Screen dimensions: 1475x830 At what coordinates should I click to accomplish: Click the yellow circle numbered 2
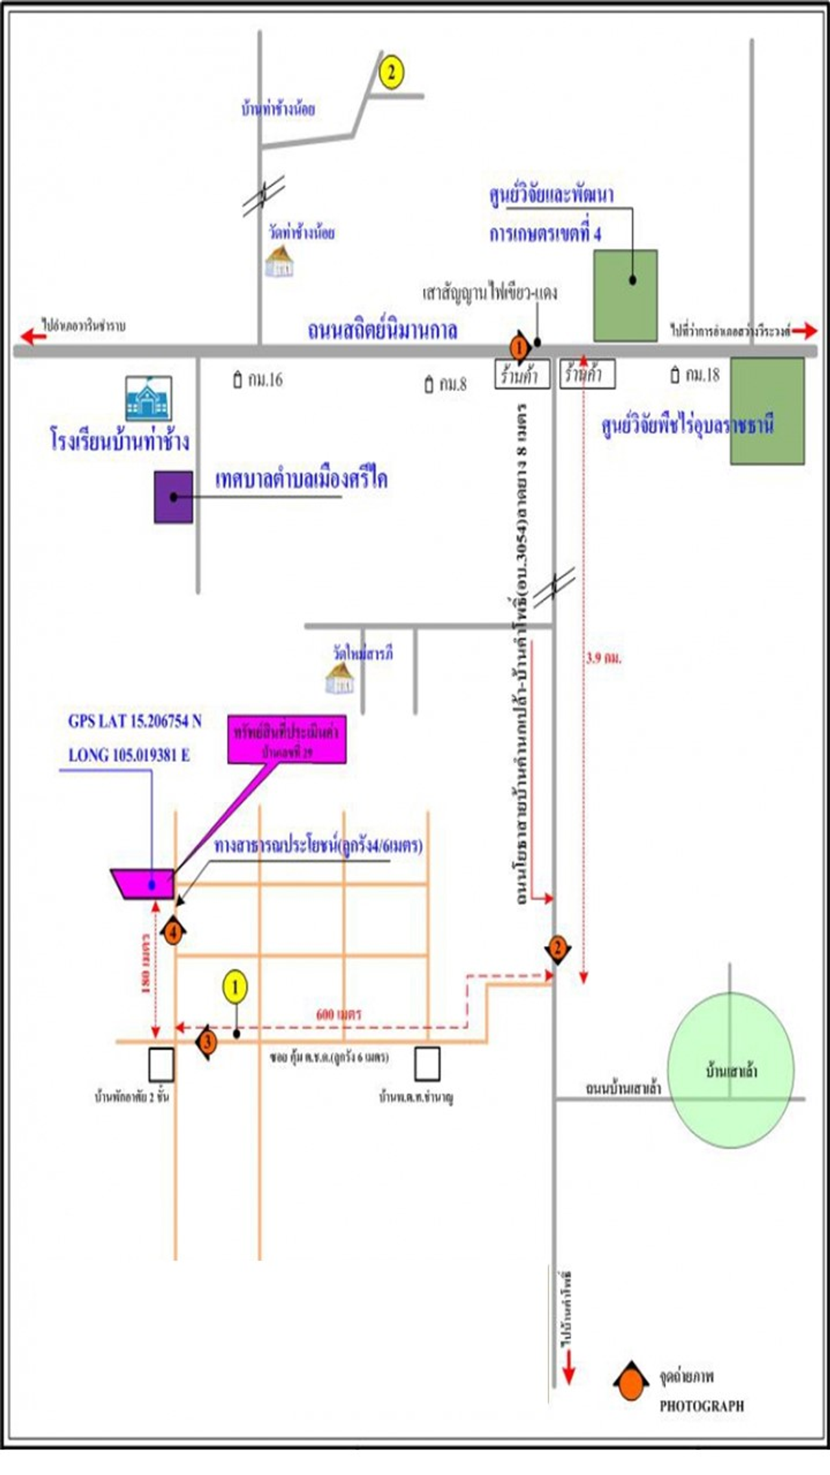[390, 73]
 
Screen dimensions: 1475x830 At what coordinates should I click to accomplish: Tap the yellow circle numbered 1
[235, 987]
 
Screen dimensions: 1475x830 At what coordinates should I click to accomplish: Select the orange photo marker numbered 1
[519, 349]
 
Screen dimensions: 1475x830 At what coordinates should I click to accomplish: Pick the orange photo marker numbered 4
[172, 933]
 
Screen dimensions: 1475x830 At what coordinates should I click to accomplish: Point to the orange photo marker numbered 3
[207, 1041]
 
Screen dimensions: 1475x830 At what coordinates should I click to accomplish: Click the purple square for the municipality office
[173, 497]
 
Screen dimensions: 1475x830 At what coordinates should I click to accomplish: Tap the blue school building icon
[148, 399]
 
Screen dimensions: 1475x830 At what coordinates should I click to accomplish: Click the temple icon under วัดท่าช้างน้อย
[279, 262]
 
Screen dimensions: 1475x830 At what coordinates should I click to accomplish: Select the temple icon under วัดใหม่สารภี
[340, 678]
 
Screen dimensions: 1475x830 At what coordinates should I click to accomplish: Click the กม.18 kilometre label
[695, 375]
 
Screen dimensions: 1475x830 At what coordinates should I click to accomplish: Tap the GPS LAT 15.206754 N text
[135, 721]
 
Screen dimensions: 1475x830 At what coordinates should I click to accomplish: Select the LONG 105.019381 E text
[129, 755]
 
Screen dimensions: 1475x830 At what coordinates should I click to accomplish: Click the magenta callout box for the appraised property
[287, 739]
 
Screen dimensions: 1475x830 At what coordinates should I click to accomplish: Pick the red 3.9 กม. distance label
[604, 658]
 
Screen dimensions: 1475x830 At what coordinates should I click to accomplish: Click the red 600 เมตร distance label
[338, 1014]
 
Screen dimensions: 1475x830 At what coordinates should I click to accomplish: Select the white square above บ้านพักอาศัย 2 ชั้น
[161, 1064]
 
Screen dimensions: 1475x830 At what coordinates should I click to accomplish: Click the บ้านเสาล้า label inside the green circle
[731, 1071]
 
